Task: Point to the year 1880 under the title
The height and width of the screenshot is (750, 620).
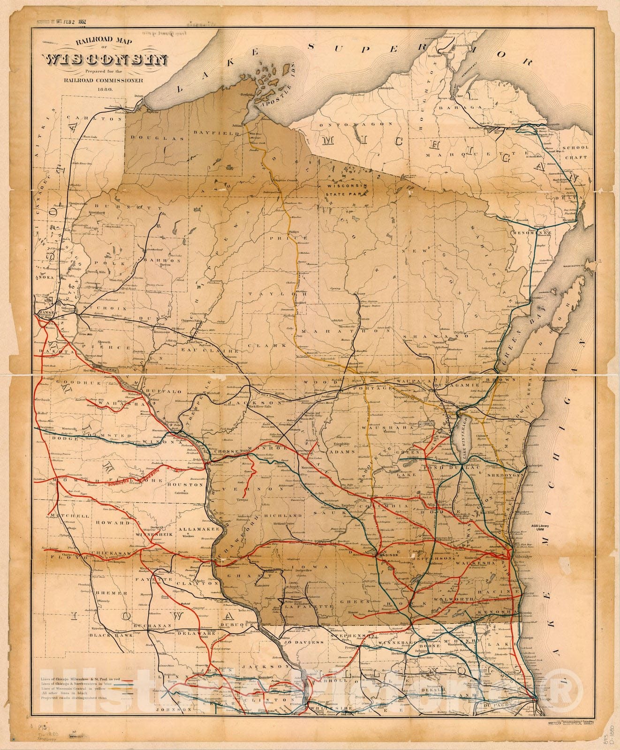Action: [x=105, y=89]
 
